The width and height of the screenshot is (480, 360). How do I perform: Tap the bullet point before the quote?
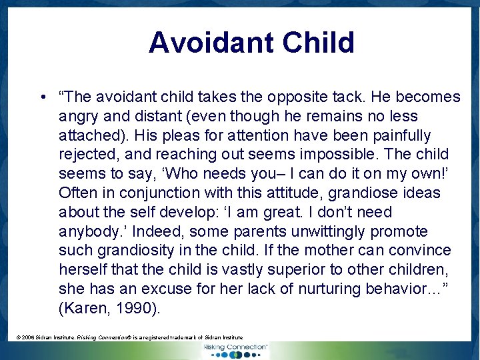[42, 97]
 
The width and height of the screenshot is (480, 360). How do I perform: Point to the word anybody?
[88, 232]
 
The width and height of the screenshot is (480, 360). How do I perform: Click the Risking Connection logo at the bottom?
[235, 350]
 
